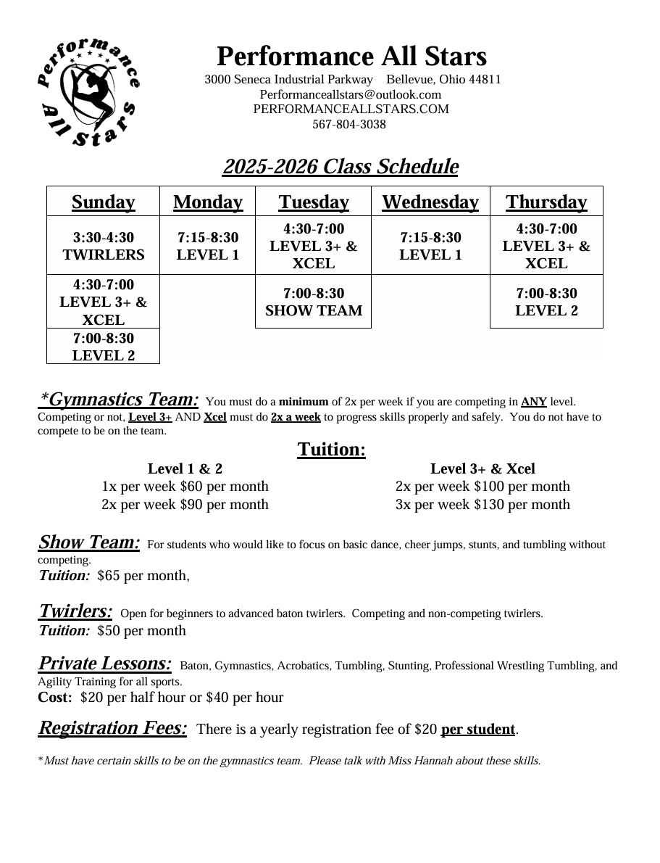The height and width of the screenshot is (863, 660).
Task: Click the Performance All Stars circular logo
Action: pyautogui.click(x=88, y=92)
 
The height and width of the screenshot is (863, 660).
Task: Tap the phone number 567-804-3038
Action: pyautogui.click(x=349, y=124)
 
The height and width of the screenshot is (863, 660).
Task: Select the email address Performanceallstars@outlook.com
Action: pyautogui.click(x=350, y=94)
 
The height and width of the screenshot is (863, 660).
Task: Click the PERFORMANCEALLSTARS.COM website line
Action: pyautogui.click(x=351, y=109)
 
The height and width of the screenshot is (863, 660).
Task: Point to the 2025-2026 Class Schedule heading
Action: pyautogui.click(x=341, y=167)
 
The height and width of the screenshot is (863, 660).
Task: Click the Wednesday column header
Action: pyautogui.click(x=430, y=202)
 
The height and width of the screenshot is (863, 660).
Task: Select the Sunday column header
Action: pyautogui.click(x=103, y=202)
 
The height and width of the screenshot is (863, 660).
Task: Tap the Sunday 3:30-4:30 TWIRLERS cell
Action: pyautogui.click(x=103, y=246)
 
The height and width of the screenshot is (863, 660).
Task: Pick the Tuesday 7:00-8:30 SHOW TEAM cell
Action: pyautogui.click(x=314, y=302)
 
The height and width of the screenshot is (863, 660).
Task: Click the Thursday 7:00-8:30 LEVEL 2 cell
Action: pyautogui.click(x=546, y=302)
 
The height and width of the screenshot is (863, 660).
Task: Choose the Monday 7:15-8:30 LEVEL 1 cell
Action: pyautogui.click(x=207, y=246)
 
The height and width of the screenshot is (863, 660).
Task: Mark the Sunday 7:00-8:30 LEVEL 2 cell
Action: pyautogui.click(x=103, y=347)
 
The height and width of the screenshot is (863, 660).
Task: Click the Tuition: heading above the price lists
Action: pyautogui.click(x=331, y=450)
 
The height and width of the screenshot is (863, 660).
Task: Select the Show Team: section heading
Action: pyautogui.click(x=88, y=542)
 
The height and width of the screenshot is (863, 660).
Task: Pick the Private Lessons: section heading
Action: pyautogui.click(x=104, y=664)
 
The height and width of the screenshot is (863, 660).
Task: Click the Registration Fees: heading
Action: pyautogui.click(x=112, y=727)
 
